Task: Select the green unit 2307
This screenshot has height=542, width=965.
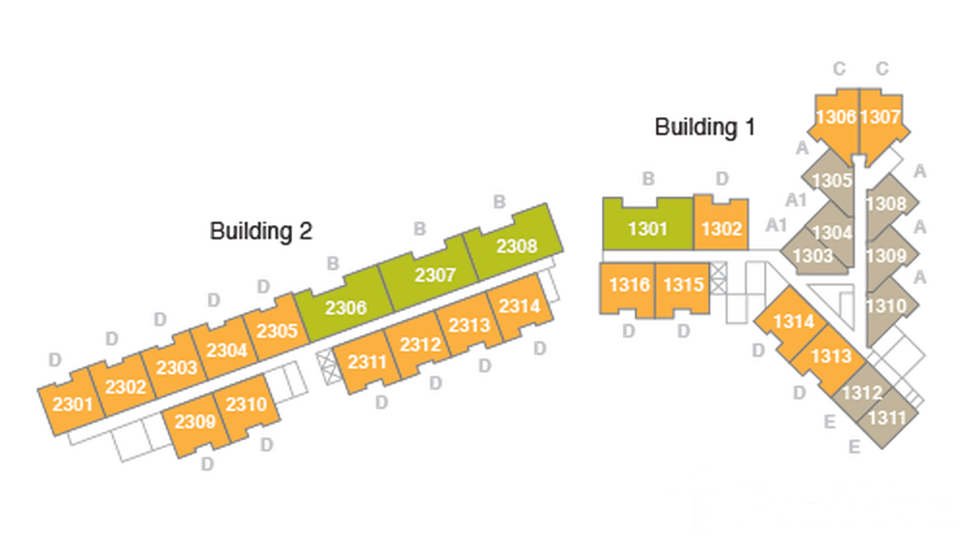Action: point(436,275)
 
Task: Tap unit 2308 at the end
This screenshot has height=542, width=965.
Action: point(516,246)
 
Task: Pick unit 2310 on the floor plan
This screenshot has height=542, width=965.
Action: point(246,405)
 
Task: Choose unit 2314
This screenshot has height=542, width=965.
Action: point(519,307)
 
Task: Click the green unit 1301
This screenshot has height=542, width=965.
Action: point(648,229)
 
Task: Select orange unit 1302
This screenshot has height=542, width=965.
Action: point(721,229)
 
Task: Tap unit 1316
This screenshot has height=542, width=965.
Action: point(629,285)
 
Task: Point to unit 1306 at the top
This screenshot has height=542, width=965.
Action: point(836,117)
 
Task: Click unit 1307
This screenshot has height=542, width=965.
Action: point(880,117)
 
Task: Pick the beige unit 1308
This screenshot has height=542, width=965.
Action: point(886,204)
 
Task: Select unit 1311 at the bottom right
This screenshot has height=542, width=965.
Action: point(887,417)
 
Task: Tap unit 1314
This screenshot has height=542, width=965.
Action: point(793,321)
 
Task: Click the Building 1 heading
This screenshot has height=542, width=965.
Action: point(705,128)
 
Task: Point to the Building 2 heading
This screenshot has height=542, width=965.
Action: point(261,231)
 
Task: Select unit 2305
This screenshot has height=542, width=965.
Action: point(277,331)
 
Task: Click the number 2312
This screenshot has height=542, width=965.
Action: point(420,345)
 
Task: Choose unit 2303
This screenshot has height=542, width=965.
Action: point(177,368)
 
